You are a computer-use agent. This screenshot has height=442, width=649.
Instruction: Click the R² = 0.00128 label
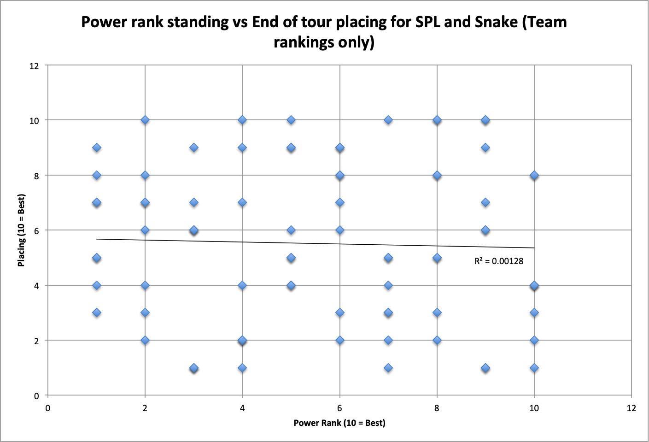point(498,261)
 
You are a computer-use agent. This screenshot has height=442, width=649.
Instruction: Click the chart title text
point(324,32)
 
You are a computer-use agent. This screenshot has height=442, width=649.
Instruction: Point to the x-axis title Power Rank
point(339,423)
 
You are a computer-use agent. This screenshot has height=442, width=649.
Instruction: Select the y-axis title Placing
point(21,230)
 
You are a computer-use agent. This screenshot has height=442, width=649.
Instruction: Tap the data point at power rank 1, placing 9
point(97,147)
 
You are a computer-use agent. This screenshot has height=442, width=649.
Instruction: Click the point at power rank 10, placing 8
point(534,175)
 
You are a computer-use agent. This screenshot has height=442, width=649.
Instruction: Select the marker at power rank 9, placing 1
point(485,368)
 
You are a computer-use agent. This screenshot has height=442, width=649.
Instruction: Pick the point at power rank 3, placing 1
point(194,368)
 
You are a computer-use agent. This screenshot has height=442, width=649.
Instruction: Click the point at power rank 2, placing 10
point(145,120)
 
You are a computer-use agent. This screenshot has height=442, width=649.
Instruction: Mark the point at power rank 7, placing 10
point(388,120)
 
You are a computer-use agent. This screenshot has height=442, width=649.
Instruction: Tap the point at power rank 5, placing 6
point(291,230)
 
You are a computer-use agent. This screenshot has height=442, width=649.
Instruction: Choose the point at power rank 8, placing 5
point(437,258)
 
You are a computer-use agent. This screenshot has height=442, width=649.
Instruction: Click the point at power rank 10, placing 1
point(534,368)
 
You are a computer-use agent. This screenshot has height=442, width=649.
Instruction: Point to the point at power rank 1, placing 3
point(97,312)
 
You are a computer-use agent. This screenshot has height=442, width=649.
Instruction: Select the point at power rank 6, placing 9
point(340,147)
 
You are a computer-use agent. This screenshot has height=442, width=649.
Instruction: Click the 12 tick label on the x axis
point(631,408)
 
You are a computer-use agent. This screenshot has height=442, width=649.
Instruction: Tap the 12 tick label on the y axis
point(34,66)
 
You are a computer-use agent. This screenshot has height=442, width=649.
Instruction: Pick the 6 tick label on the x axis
point(340,408)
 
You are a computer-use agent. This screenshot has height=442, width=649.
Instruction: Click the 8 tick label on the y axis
point(36,176)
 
